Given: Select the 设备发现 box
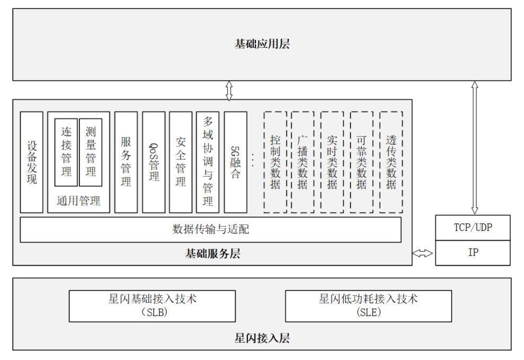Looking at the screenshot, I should (32, 162).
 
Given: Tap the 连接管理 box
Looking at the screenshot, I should (66, 152).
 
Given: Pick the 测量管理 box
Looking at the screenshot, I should (91, 152).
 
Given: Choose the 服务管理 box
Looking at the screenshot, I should (126, 162).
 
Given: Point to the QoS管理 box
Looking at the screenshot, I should (153, 162).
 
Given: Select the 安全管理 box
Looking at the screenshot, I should (180, 162).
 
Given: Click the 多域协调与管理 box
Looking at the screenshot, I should (208, 162).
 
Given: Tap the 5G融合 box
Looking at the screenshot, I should (235, 162).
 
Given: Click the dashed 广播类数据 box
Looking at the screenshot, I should (303, 162).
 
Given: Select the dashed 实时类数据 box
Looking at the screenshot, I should (332, 162).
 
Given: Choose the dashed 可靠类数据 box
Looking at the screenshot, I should (362, 162).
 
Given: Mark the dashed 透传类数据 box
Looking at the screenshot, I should (391, 162).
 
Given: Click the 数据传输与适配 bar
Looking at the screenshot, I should (210, 229).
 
